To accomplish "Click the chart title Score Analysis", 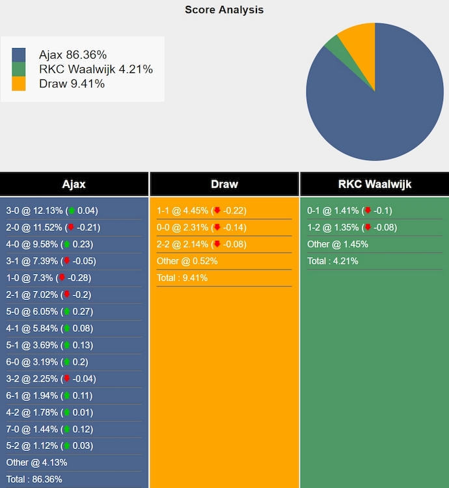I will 224,10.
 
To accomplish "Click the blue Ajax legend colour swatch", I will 19,55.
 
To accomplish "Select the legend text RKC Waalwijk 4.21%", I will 96,69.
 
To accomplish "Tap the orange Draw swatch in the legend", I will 19,83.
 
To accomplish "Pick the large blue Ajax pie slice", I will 377,104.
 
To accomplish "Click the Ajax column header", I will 74,184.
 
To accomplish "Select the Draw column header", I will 224,184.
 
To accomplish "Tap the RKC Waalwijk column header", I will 374,184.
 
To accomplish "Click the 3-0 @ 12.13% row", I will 52,211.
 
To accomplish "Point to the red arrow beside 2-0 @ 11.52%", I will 71,228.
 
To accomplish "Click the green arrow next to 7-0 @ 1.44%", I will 66,429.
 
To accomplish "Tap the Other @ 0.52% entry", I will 187,261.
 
